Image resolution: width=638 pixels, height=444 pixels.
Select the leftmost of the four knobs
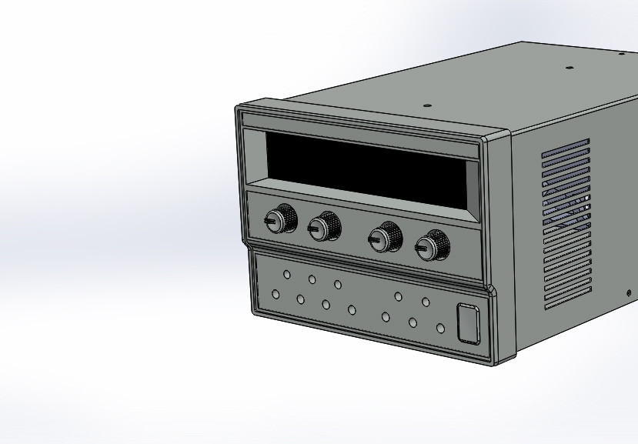pyautogui.click(x=281, y=219)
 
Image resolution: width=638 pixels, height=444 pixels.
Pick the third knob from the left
pyautogui.click(x=385, y=237)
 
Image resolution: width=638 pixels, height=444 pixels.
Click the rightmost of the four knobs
pyautogui.click(x=433, y=246)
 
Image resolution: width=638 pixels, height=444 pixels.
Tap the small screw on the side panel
pyautogui.click(x=629, y=293)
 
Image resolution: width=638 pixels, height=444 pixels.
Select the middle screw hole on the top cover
pyautogui.click(x=570, y=67)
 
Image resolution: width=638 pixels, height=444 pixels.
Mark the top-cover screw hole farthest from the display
pyautogui.click(x=622, y=54)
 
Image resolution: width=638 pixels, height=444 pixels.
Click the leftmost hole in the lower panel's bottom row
pyautogui.click(x=276, y=293)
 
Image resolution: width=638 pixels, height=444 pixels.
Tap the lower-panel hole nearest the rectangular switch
pyautogui.click(x=440, y=329)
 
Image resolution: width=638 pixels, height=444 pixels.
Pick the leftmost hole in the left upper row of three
pyautogui.click(x=286, y=274)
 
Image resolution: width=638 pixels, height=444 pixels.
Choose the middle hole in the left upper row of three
pyautogui.click(x=312, y=279)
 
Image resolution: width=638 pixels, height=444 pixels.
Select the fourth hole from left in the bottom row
pyautogui.click(x=352, y=310)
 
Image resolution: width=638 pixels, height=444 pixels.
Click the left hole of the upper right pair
pyautogui.click(x=398, y=296)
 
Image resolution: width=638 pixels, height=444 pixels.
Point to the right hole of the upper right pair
pyautogui.click(x=425, y=302)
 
